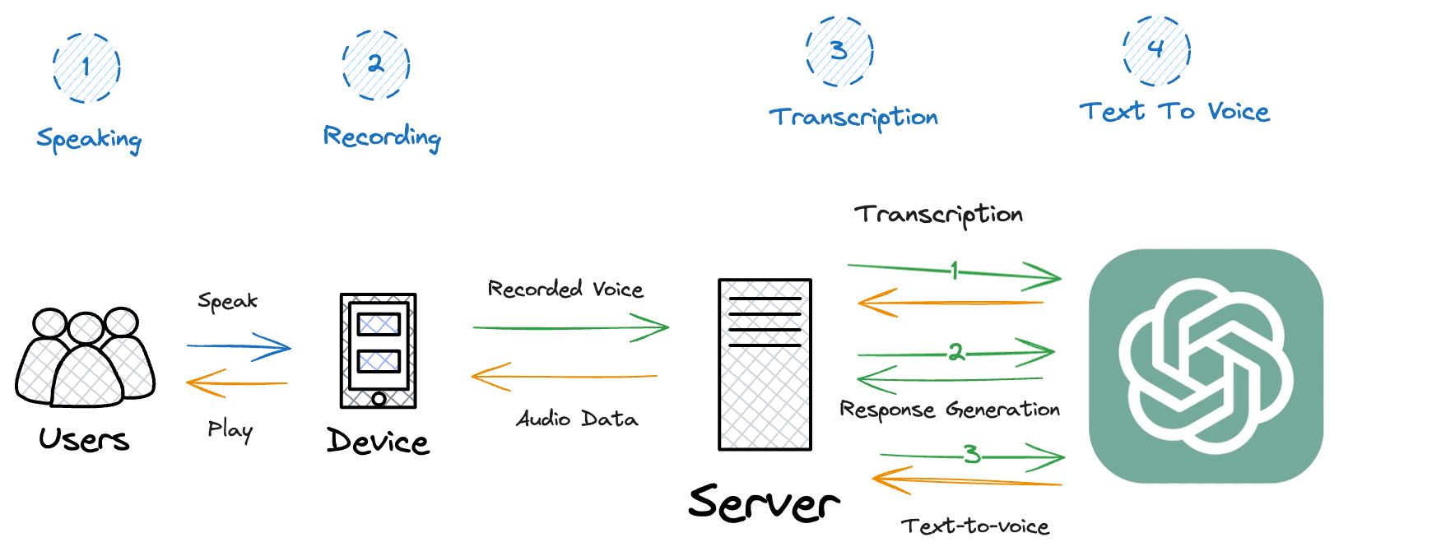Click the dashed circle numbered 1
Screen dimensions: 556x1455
pos(86,67)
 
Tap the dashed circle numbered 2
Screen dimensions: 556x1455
pos(376,64)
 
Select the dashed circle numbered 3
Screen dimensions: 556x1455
pos(839,51)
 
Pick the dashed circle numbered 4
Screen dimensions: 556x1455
pos(1156,50)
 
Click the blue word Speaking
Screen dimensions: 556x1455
pos(89,139)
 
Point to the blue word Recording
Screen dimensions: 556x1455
pos(382,137)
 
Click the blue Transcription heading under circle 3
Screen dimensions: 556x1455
pos(853,118)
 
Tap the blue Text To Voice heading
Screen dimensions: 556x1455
pos(1174,111)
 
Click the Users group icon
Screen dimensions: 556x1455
pos(85,358)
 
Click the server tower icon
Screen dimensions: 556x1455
pos(765,364)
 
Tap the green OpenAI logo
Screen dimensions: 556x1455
pos(1206,365)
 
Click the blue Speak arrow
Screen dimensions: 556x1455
pos(239,346)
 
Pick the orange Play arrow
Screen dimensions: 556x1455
pos(237,383)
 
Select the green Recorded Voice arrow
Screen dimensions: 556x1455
pos(571,327)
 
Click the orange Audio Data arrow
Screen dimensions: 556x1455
pos(565,377)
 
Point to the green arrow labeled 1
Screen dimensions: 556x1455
pos(955,271)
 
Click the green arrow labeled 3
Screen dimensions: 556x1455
pos(973,456)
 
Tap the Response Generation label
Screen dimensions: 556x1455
pos(949,410)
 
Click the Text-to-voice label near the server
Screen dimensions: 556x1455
pos(975,526)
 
